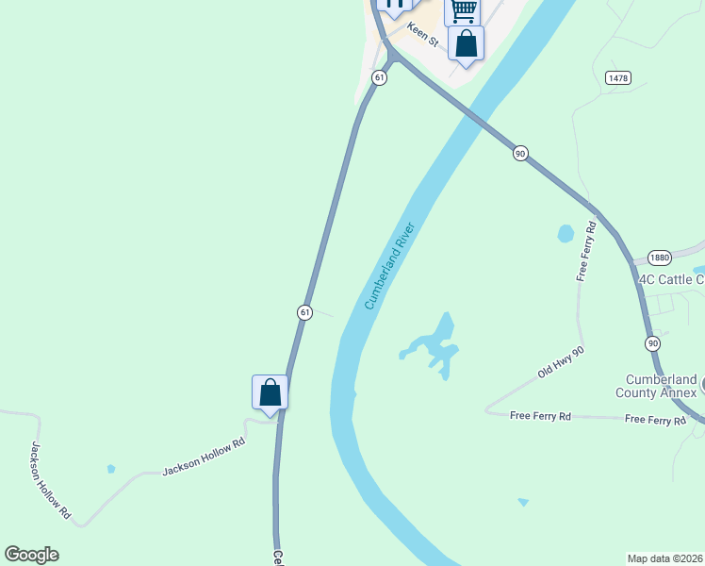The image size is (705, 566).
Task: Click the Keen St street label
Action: [x=423, y=36]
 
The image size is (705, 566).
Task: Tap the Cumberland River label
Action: [x=390, y=266]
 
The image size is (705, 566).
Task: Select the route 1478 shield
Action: [x=618, y=78]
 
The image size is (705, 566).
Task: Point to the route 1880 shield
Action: [x=659, y=258]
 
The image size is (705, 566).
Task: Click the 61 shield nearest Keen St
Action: [x=379, y=78]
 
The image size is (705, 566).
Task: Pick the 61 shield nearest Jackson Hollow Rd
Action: [x=304, y=311]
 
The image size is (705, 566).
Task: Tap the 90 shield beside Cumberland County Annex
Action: [x=652, y=343]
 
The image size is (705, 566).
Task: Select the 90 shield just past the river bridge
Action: [x=519, y=153]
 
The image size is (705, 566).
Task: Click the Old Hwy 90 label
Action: [x=561, y=362]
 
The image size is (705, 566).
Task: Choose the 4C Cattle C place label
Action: [x=671, y=279]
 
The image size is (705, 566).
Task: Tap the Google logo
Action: [x=31, y=555]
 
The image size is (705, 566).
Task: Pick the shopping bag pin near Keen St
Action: [x=466, y=43]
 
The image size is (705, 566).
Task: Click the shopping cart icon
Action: [x=462, y=9]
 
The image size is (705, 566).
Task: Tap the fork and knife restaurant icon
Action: [x=394, y=4]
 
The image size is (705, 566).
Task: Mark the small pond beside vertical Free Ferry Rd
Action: [x=566, y=233]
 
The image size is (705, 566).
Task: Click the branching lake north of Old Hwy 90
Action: [x=434, y=344]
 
